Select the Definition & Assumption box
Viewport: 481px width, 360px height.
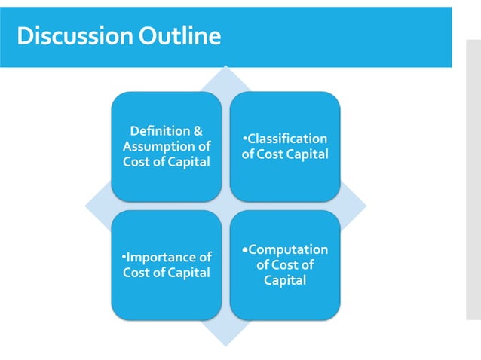pos(166,146)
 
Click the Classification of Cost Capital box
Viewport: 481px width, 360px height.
pos(284,146)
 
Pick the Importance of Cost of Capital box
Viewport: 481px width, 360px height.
pos(166,265)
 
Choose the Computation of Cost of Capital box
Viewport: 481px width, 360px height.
pos(284,265)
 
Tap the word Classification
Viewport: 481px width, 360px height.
pos(287,139)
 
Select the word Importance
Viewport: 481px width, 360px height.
pos(170,258)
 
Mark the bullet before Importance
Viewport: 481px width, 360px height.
pos(124,258)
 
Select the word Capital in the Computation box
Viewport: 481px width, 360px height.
pos(284,280)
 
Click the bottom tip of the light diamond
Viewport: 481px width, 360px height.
pos(225,343)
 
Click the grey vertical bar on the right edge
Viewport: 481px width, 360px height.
pos(473,181)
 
